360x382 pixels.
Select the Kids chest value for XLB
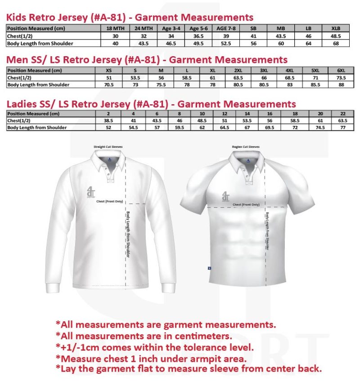click(x=336, y=36)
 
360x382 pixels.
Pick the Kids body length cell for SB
click(x=253, y=43)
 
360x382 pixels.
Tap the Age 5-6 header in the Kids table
click(x=197, y=28)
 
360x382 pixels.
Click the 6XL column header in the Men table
click(x=341, y=70)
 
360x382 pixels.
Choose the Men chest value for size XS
click(x=108, y=77)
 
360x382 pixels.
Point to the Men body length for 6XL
click(x=341, y=84)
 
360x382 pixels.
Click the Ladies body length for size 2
click(x=108, y=128)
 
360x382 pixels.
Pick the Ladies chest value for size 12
click(x=225, y=120)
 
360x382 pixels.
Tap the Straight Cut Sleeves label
click(x=108, y=147)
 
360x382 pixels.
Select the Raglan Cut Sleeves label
click(x=246, y=147)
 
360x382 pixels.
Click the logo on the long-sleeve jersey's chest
click(x=91, y=192)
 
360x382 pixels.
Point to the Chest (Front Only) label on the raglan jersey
click(x=246, y=204)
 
